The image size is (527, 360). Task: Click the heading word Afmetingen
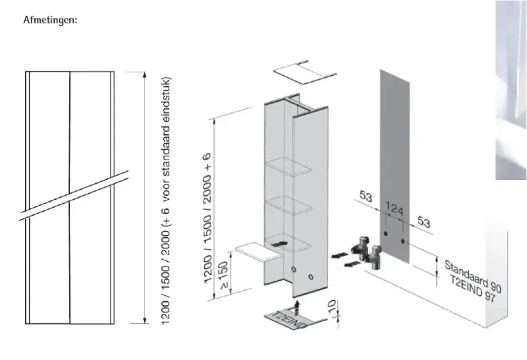tap(50, 20)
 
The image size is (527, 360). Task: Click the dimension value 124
tap(394, 210)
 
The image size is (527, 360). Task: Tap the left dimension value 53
tap(367, 197)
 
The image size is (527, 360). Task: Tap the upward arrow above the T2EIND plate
tap(297, 303)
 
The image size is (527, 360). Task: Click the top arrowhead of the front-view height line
tap(144, 74)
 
